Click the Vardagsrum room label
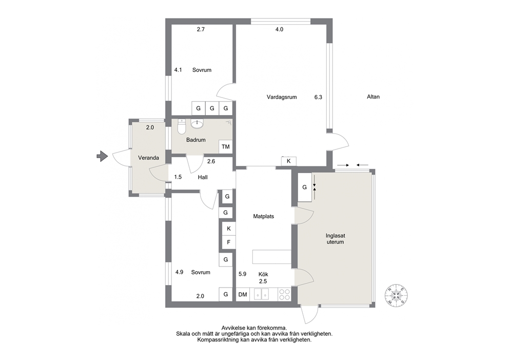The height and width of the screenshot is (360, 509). click(x=282, y=97)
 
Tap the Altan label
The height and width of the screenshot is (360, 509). click(x=373, y=97)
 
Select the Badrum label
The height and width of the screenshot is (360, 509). click(x=195, y=140)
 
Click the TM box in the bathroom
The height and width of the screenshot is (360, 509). click(x=226, y=146)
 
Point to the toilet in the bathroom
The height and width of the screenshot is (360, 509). click(x=182, y=127)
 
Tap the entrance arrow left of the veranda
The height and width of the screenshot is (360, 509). click(x=102, y=156)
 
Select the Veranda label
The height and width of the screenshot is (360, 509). click(x=148, y=158)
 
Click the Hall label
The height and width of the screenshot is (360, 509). click(x=203, y=177)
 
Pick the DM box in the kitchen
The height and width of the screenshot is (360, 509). click(x=243, y=295)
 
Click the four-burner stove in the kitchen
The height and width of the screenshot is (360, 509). click(x=285, y=295)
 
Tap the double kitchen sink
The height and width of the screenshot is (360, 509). click(x=262, y=295)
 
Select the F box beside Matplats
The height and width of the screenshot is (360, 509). click(x=229, y=242)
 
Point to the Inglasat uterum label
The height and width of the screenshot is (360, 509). click(x=336, y=239)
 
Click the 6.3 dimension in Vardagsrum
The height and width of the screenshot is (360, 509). click(x=318, y=97)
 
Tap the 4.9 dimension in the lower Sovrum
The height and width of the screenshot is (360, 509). click(x=179, y=272)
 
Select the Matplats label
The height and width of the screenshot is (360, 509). click(x=264, y=216)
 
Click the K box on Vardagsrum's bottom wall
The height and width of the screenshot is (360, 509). click(x=288, y=161)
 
